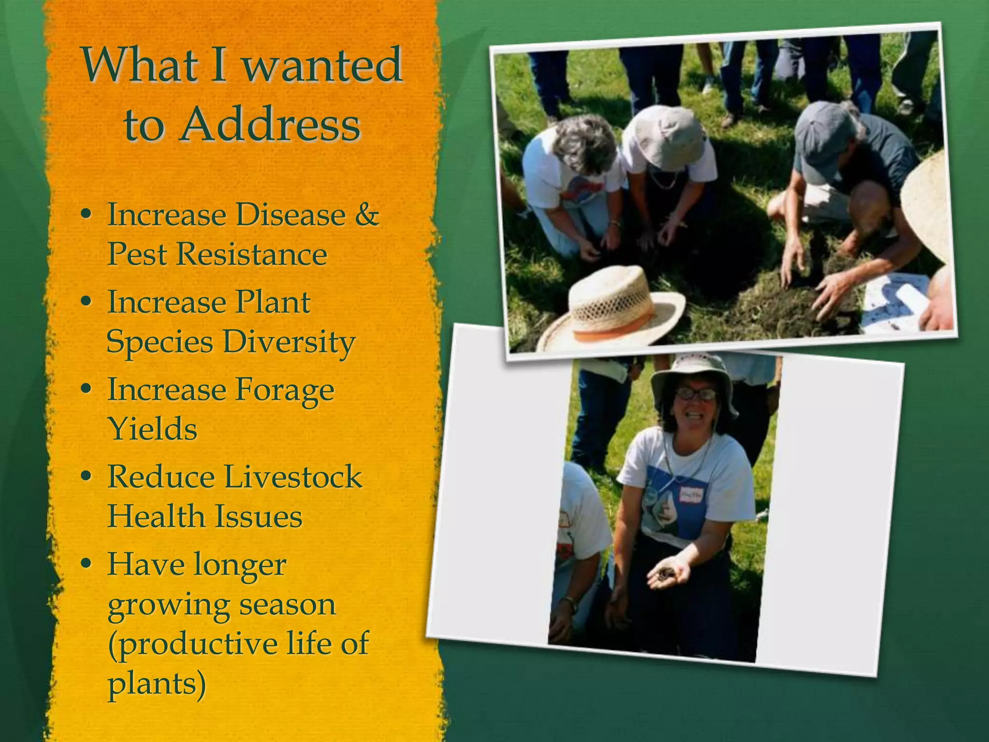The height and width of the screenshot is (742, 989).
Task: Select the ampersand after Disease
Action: pos(367,214)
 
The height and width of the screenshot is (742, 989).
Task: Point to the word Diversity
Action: pos(289,342)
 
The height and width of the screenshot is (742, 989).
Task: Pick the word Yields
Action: pos(152,428)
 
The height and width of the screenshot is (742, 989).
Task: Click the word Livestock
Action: pos(293,477)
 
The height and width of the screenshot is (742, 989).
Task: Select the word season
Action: pos(287,604)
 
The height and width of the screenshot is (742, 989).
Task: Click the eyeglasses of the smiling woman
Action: pos(695,394)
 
